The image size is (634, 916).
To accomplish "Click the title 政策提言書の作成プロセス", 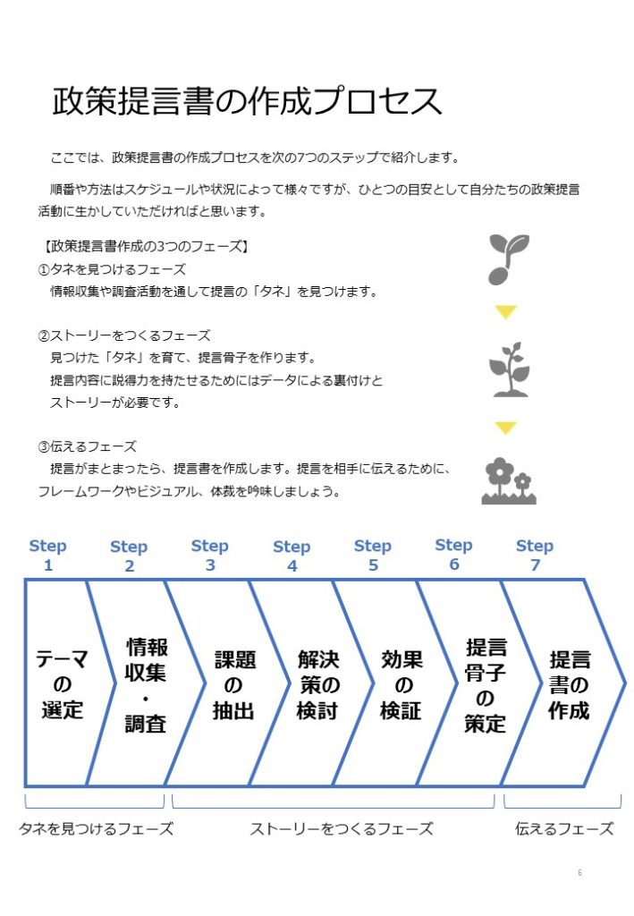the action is tap(247, 101).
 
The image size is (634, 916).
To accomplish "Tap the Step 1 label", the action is tap(48, 555).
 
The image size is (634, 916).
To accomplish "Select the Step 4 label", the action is tap(292, 556).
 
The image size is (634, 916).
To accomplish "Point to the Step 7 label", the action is tap(535, 555).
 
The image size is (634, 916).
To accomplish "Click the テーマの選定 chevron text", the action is tap(62, 684).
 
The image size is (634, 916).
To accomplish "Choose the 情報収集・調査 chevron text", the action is tap(146, 684).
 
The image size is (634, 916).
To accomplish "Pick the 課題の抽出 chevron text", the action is tap(234, 684).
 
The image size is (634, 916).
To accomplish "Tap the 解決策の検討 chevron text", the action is tap(318, 684).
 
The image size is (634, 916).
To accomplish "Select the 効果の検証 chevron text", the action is tap(402, 684).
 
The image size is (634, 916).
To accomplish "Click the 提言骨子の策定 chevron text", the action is tap(486, 685).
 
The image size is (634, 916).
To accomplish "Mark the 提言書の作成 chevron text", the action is tap(570, 684).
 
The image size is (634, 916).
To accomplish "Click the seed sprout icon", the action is tap(509, 259).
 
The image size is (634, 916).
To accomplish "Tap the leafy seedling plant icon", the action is tap(509, 369).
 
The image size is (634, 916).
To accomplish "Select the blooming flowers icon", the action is tap(509, 480).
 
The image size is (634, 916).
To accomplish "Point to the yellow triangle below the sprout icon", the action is tap(505, 312).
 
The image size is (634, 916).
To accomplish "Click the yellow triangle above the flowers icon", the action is tap(505, 428).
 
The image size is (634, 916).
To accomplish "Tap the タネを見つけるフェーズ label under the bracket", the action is tap(97, 828).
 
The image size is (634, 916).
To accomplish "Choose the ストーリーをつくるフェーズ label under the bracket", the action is tap(342, 828).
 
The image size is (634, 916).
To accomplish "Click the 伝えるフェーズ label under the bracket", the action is tap(564, 828).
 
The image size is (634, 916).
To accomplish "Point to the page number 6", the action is tap(579, 872).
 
